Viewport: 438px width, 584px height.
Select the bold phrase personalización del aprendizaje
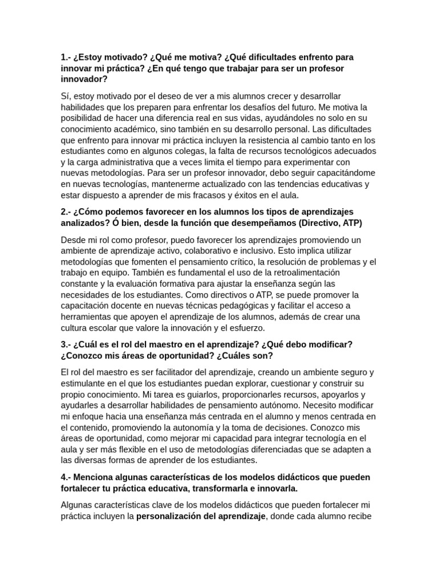click(201, 517)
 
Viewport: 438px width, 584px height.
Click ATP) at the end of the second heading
click(350, 223)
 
